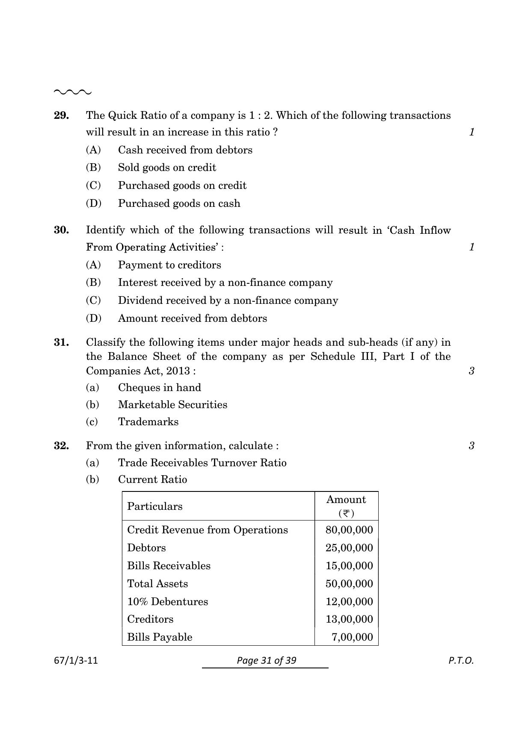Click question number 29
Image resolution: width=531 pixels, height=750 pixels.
[x=61, y=115]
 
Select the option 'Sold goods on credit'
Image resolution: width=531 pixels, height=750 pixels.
[x=167, y=168]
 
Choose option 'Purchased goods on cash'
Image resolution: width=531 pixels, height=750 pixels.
[x=179, y=203]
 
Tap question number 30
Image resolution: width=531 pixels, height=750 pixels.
[x=61, y=230]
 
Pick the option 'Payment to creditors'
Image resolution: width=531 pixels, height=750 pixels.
[x=169, y=265]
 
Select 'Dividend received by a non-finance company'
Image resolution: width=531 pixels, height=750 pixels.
[x=228, y=300]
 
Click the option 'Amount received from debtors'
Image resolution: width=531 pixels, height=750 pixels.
[x=192, y=318]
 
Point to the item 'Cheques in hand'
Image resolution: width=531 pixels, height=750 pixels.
[x=159, y=388]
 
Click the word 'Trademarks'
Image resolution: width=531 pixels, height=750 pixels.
[x=148, y=422]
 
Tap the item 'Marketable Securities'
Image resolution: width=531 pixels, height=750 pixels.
[x=172, y=405]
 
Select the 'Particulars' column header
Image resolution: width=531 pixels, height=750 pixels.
[x=154, y=506]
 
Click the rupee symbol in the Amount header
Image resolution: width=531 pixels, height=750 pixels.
[x=346, y=513]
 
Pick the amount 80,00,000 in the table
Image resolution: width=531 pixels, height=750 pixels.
[x=349, y=530]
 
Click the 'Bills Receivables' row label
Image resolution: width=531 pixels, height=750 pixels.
[x=169, y=566]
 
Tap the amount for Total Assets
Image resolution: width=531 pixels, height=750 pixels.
[x=349, y=584]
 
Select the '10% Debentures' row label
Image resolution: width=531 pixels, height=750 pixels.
[x=167, y=602]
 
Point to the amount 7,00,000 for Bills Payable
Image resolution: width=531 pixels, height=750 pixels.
[x=352, y=637]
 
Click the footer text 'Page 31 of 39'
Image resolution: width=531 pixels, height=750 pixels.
[x=266, y=661]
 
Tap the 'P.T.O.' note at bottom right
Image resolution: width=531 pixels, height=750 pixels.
[x=461, y=661]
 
